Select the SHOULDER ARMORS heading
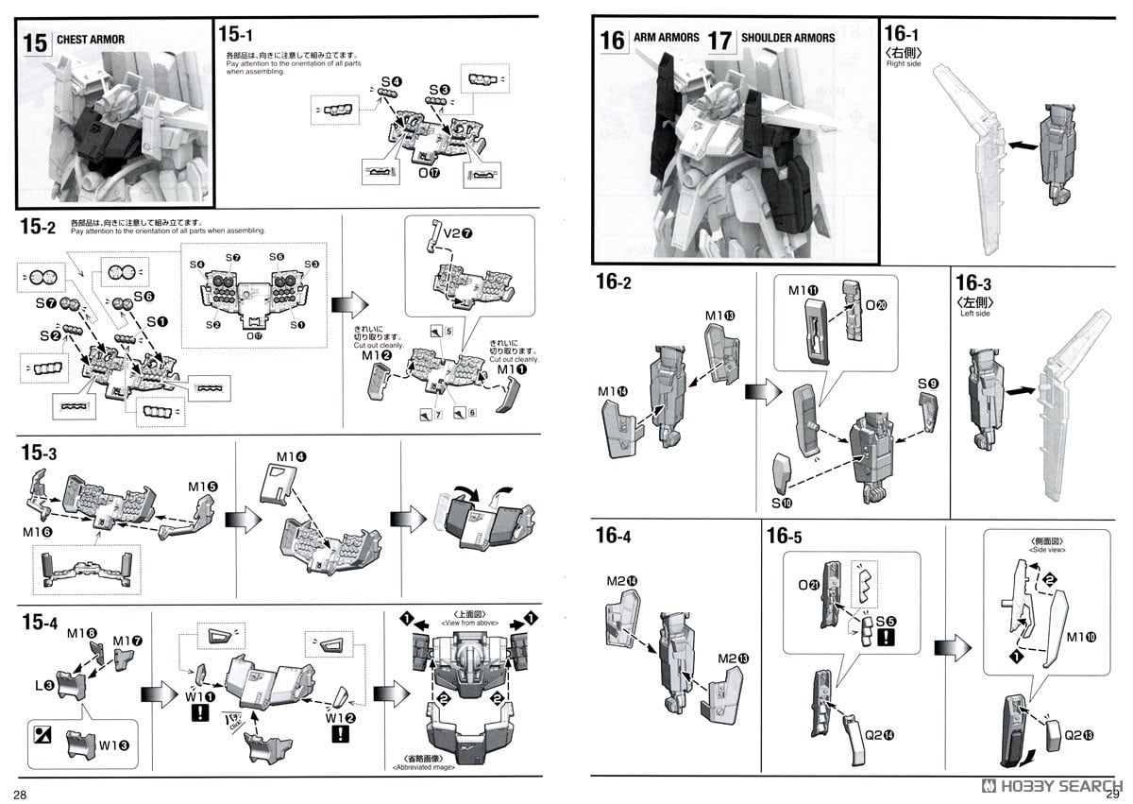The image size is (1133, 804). click(787, 38)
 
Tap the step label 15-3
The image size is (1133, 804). click(39, 453)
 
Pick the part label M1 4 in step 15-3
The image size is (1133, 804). click(290, 457)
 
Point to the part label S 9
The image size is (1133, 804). click(927, 384)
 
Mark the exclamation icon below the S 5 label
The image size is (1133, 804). click(885, 640)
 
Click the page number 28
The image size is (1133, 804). click(19, 792)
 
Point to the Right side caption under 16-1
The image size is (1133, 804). click(904, 64)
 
